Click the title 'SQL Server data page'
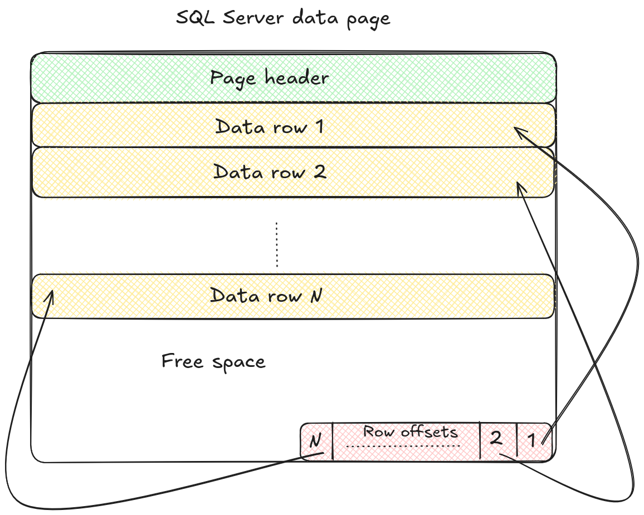pos(283,18)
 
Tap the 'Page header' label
pos(269,78)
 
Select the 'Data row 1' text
pos(269,127)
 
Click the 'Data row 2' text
pos(270,171)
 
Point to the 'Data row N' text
pos(266,295)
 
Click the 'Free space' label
pos(213,362)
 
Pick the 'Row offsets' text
pos(410,431)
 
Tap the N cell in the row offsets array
pos(315,442)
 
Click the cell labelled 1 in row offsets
pos(532,440)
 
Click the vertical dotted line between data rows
pos(276,245)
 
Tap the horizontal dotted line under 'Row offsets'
pos(402,447)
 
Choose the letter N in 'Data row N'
pos(315,295)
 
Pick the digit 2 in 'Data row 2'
pos(319,171)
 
